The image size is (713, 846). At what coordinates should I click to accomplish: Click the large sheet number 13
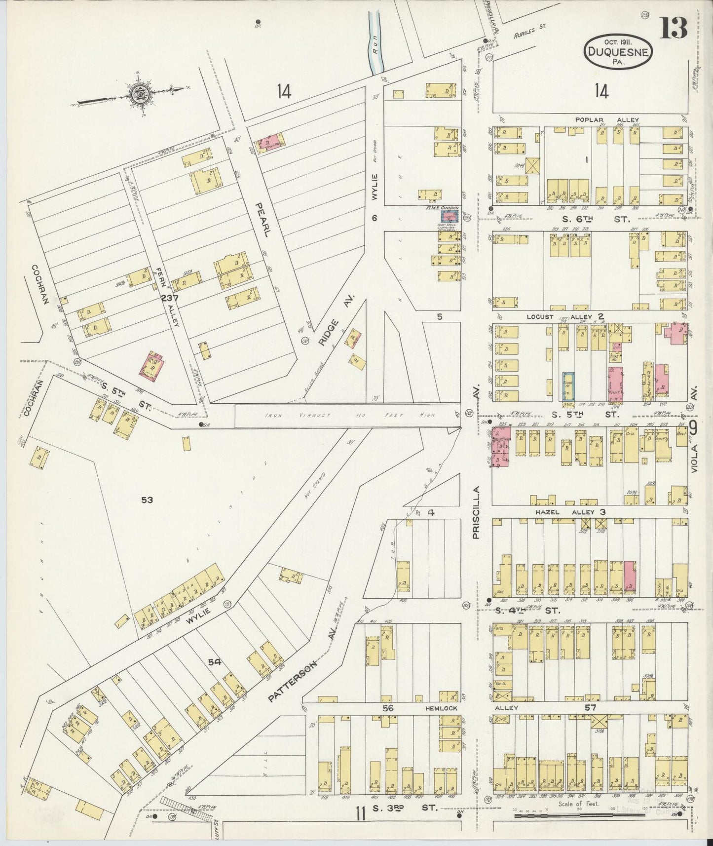(x=673, y=28)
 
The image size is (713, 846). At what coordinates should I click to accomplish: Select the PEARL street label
(x=262, y=219)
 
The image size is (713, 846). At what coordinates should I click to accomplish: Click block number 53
(x=147, y=500)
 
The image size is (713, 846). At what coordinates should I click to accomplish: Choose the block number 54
(x=214, y=662)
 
